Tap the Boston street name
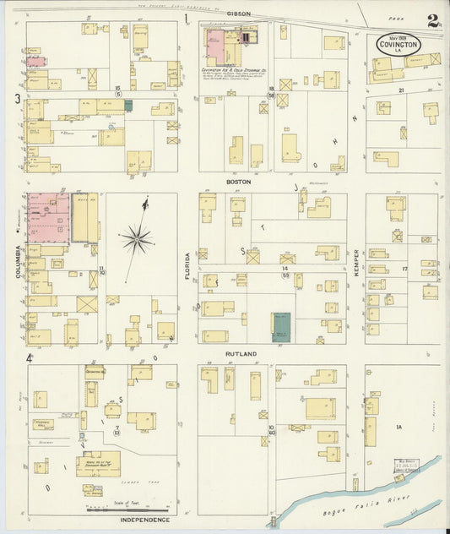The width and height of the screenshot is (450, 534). tap(238, 182)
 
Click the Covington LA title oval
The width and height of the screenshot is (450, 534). tap(398, 45)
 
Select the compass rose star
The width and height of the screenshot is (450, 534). tap(136, 240)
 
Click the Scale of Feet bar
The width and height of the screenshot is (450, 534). tap(127, 509)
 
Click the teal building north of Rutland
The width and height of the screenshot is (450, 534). tap(280, 326)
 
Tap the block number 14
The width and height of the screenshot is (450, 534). tap(285, 267)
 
